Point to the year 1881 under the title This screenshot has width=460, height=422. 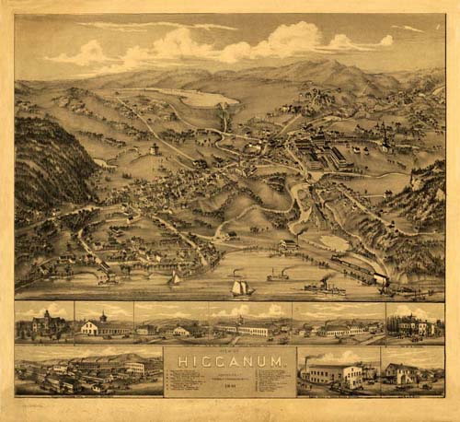[x=230, y=388]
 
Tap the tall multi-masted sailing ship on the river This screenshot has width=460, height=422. [x=241, y=287]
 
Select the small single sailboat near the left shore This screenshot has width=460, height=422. [x=175, y=278]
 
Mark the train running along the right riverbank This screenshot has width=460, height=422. [x=363, y=269]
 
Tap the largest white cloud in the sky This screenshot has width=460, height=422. [x=285, y=39]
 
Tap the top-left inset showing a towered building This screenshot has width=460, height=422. [x=43, y=322]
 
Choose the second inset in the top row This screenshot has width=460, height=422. [x=104, y=322]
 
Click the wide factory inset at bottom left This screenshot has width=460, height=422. [x=87, y=371]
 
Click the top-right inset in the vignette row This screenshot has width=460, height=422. [x=415, y=322]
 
